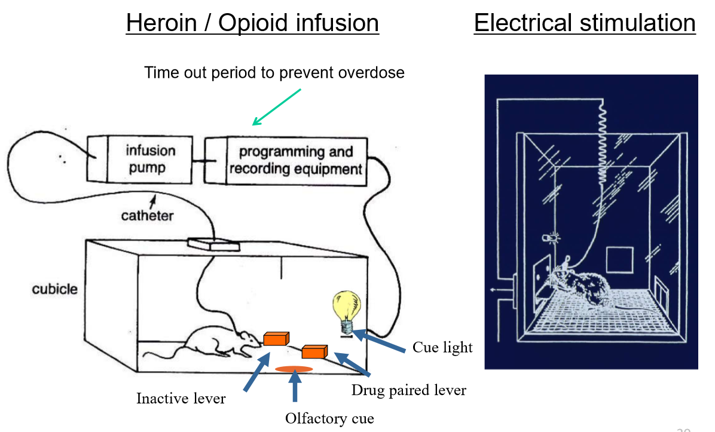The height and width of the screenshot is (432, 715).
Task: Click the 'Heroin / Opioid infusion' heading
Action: (252, 23)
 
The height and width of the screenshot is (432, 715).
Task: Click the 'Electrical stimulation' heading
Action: (584, 23)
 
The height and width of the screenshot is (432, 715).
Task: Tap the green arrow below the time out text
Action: (276, 108)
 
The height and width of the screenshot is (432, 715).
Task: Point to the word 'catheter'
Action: (147, 215)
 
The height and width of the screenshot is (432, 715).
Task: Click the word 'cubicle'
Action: (54, 289)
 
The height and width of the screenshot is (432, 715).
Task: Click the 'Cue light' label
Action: (442, 348)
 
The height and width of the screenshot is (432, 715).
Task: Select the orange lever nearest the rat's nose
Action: (276, 339)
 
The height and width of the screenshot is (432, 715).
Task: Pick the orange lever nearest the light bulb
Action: (314, 351)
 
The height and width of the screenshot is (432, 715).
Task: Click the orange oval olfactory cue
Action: (294, 369)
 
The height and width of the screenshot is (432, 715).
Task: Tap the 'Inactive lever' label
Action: (181, 398)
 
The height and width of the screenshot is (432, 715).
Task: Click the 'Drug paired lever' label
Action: (408, 390)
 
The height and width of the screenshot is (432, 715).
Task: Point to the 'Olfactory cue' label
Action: (329, 418)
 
